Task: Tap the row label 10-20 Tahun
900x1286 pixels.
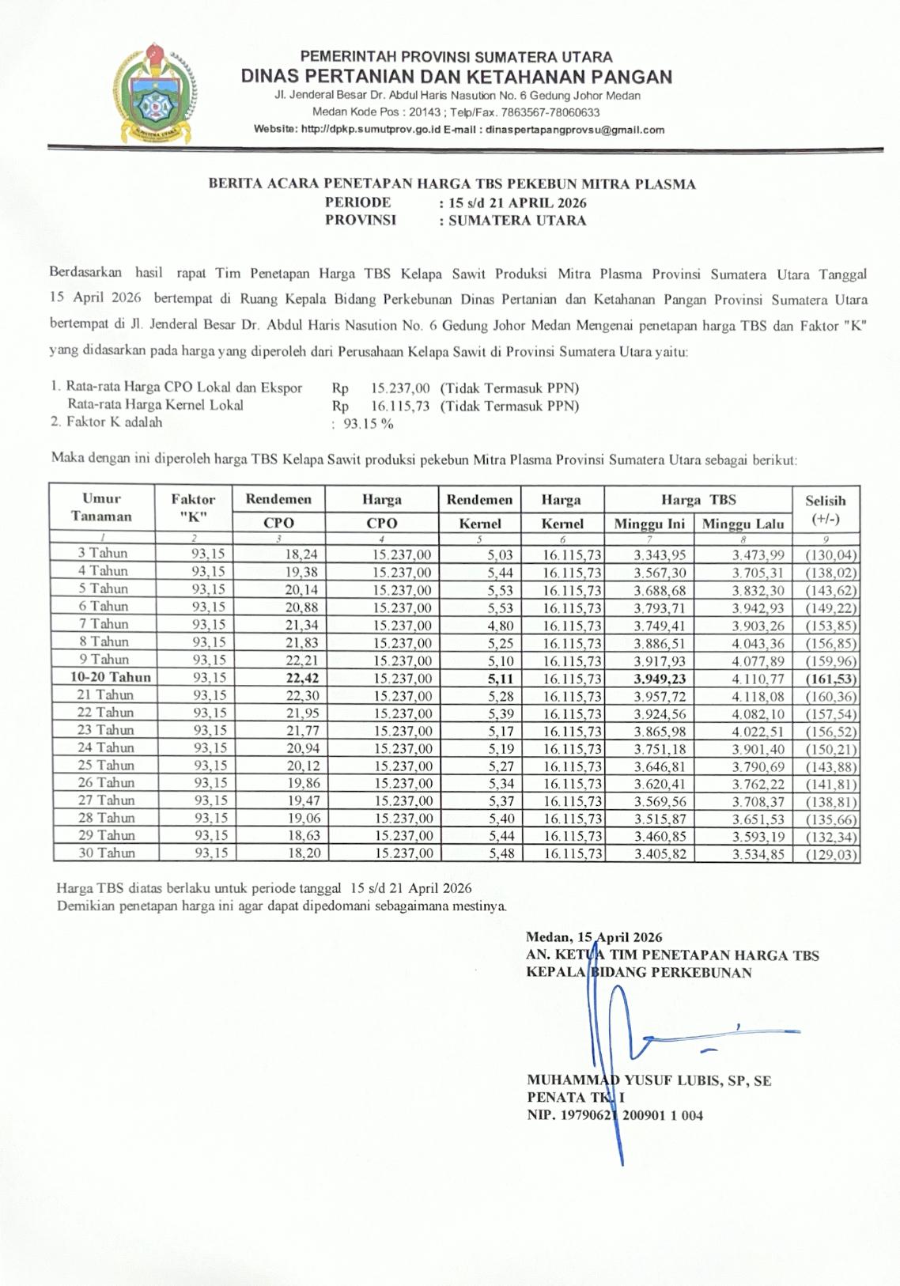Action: (110, 677)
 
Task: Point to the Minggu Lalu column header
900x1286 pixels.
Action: (743, 524)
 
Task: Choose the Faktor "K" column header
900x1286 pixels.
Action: (193, 508)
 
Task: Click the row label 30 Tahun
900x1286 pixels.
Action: (106, 853)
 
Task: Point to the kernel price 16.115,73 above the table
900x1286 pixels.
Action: (399, 406)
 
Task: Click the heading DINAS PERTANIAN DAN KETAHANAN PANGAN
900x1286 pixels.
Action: (456, 77)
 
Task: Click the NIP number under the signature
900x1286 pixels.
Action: (614, 1115)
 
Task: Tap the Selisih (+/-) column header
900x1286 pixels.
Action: (826, 509)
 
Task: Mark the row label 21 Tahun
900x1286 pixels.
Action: (106, 694)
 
